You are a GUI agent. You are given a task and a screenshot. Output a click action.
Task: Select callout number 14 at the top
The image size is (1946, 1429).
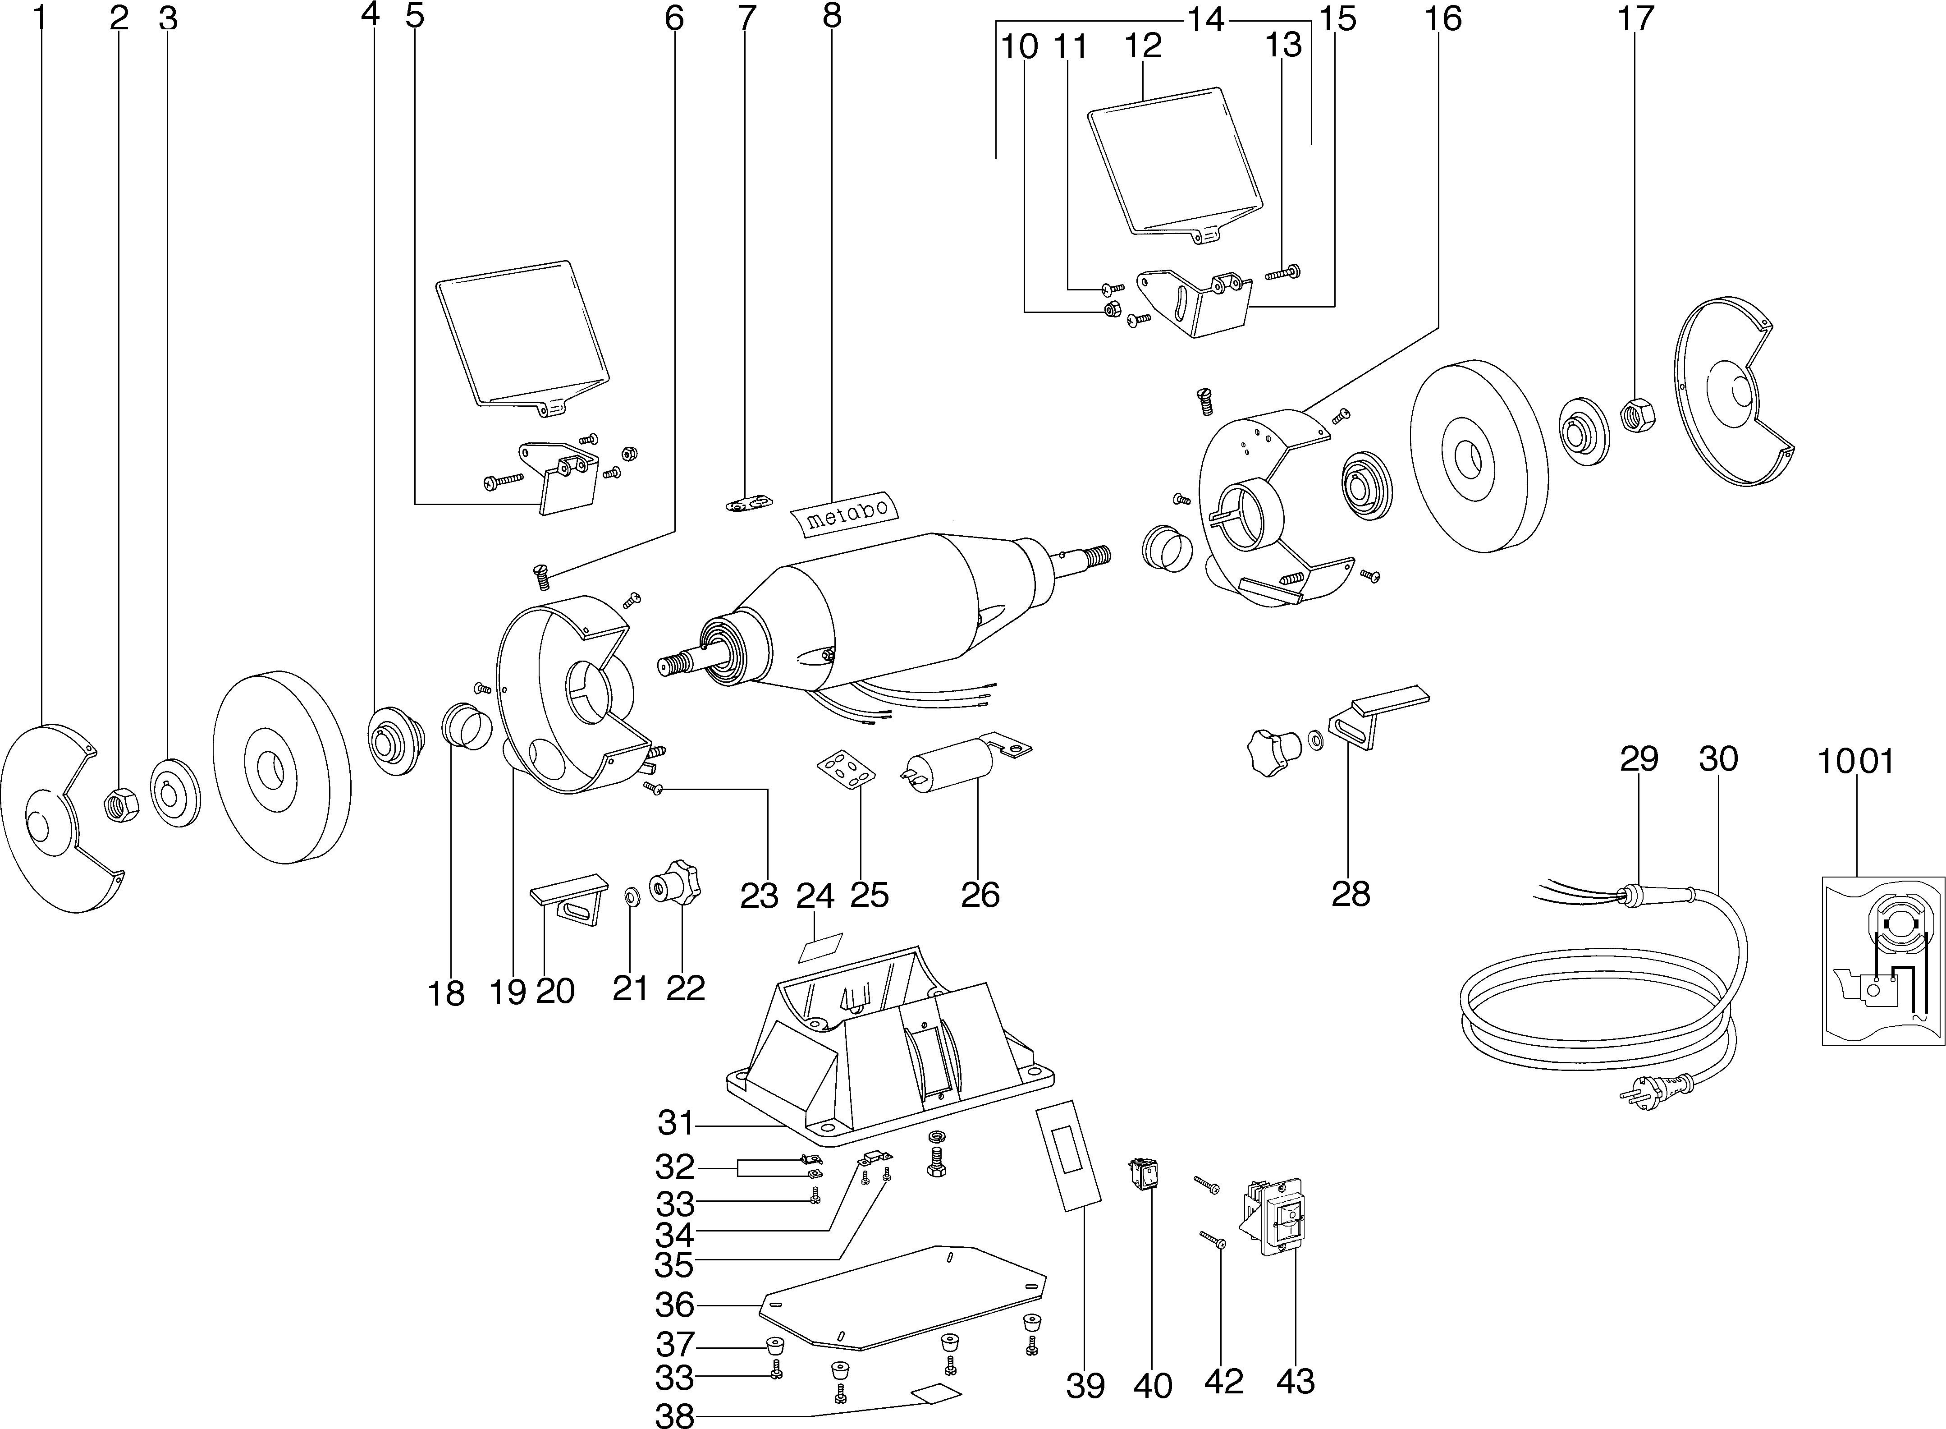click(x=1204, y=19)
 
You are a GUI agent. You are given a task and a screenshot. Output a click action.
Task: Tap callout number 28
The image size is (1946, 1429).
click(x=1351, y=894)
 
